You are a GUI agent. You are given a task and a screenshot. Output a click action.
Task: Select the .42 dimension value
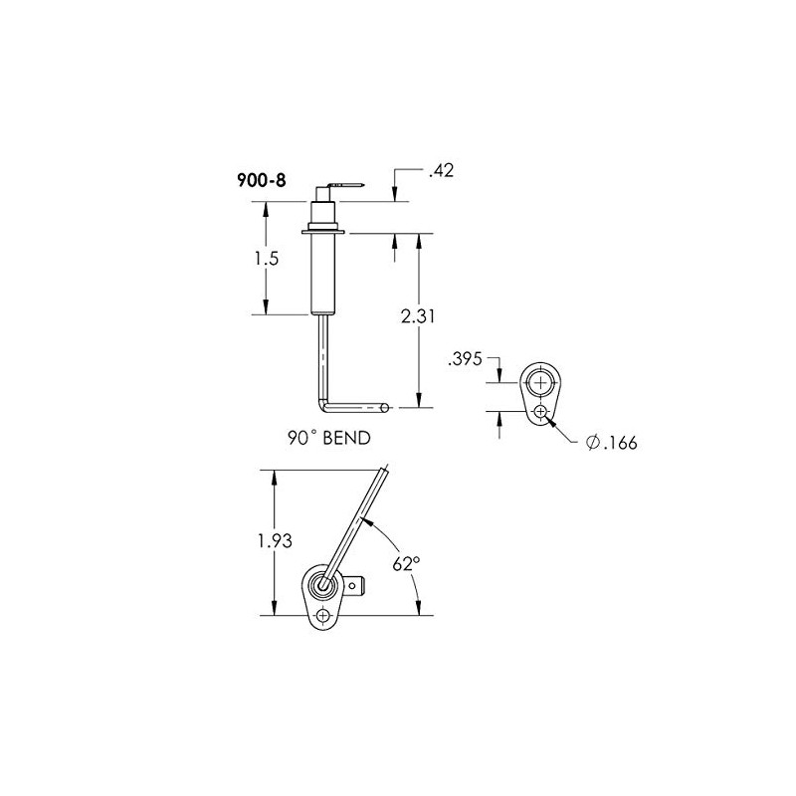[x=440, y=172]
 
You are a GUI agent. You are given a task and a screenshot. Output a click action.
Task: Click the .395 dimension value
[x=466, y=358]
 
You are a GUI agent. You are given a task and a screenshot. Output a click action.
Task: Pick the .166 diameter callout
[x=620, y=443]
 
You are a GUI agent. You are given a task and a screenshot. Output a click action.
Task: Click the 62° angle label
[x=405, y=563]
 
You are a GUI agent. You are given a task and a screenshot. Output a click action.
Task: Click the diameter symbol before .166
[x=594, y=443]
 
